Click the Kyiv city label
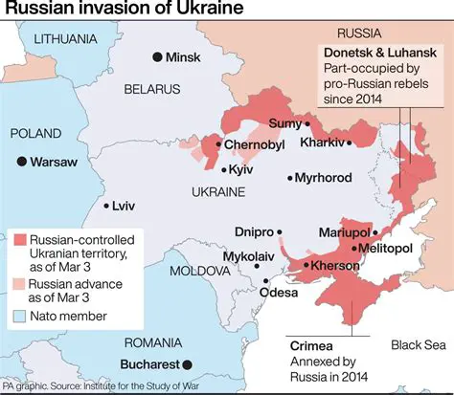(x=241, y=169)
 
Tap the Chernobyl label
(x=256, y=144)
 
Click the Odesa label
(x=280, y=293)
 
